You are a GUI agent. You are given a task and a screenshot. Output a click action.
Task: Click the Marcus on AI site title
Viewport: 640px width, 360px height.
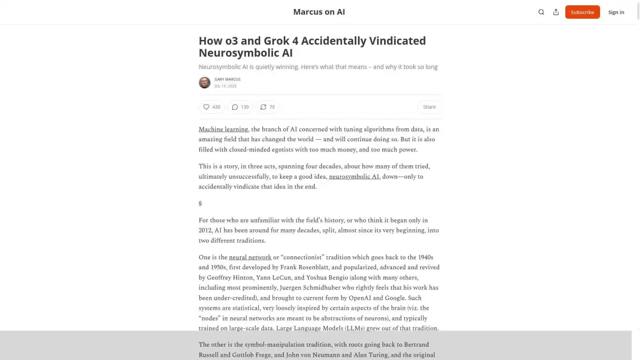coord(319,12)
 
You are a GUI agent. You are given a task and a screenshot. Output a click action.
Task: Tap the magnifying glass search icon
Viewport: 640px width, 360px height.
coord(541,12)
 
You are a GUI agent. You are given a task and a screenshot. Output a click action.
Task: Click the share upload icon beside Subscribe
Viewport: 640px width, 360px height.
coord(556,12)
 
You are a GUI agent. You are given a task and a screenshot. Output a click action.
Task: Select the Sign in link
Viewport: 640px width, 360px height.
coord(616,12)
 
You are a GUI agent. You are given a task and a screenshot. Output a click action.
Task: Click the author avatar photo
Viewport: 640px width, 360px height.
coord(204,83)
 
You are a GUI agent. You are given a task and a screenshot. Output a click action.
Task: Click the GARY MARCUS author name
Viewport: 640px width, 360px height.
coord(227,79)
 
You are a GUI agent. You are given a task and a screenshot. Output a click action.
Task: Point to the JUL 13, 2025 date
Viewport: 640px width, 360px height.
coord(225,86)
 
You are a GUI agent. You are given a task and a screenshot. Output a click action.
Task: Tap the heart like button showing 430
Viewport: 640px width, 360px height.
coord(212,107)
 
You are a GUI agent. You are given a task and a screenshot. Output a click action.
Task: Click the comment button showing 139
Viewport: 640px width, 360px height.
coord(240,107)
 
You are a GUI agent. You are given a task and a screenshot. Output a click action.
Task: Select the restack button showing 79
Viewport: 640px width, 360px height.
coord(267,107)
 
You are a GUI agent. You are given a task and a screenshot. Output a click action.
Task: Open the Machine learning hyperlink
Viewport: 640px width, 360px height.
coord(223,129)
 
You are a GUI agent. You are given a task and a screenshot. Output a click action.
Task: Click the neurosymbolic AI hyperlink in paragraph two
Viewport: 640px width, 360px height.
coord(354,177)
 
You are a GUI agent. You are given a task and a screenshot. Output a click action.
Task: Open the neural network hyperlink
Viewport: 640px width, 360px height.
coord(250,257)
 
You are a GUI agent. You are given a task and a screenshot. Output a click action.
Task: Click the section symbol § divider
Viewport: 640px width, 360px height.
coord(200,203)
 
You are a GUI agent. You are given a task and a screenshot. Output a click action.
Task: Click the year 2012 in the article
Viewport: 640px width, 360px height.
coord(205,230)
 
